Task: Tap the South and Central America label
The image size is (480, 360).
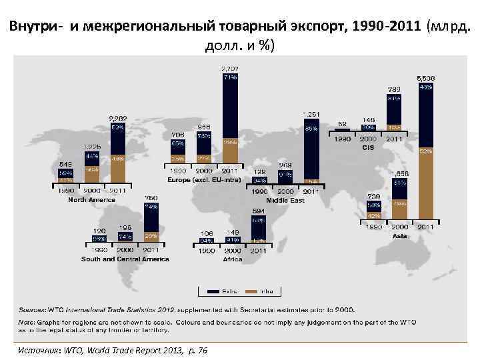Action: pos(125,259)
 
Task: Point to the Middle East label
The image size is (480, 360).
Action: pos(285,200)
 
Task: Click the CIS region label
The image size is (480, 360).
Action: pos(369,147)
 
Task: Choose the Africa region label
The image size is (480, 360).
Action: pos(232,259)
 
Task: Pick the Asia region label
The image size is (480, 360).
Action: pos(400,235)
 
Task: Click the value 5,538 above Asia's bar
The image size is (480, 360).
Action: pos(426,78)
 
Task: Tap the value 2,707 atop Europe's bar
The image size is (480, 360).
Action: pos(231,69)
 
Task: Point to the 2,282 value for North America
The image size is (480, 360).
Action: pos(118,119)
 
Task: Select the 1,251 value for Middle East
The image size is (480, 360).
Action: pos(311,114)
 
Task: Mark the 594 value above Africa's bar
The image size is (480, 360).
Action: pos(259,212)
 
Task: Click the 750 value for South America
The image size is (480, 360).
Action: pos(151,198)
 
